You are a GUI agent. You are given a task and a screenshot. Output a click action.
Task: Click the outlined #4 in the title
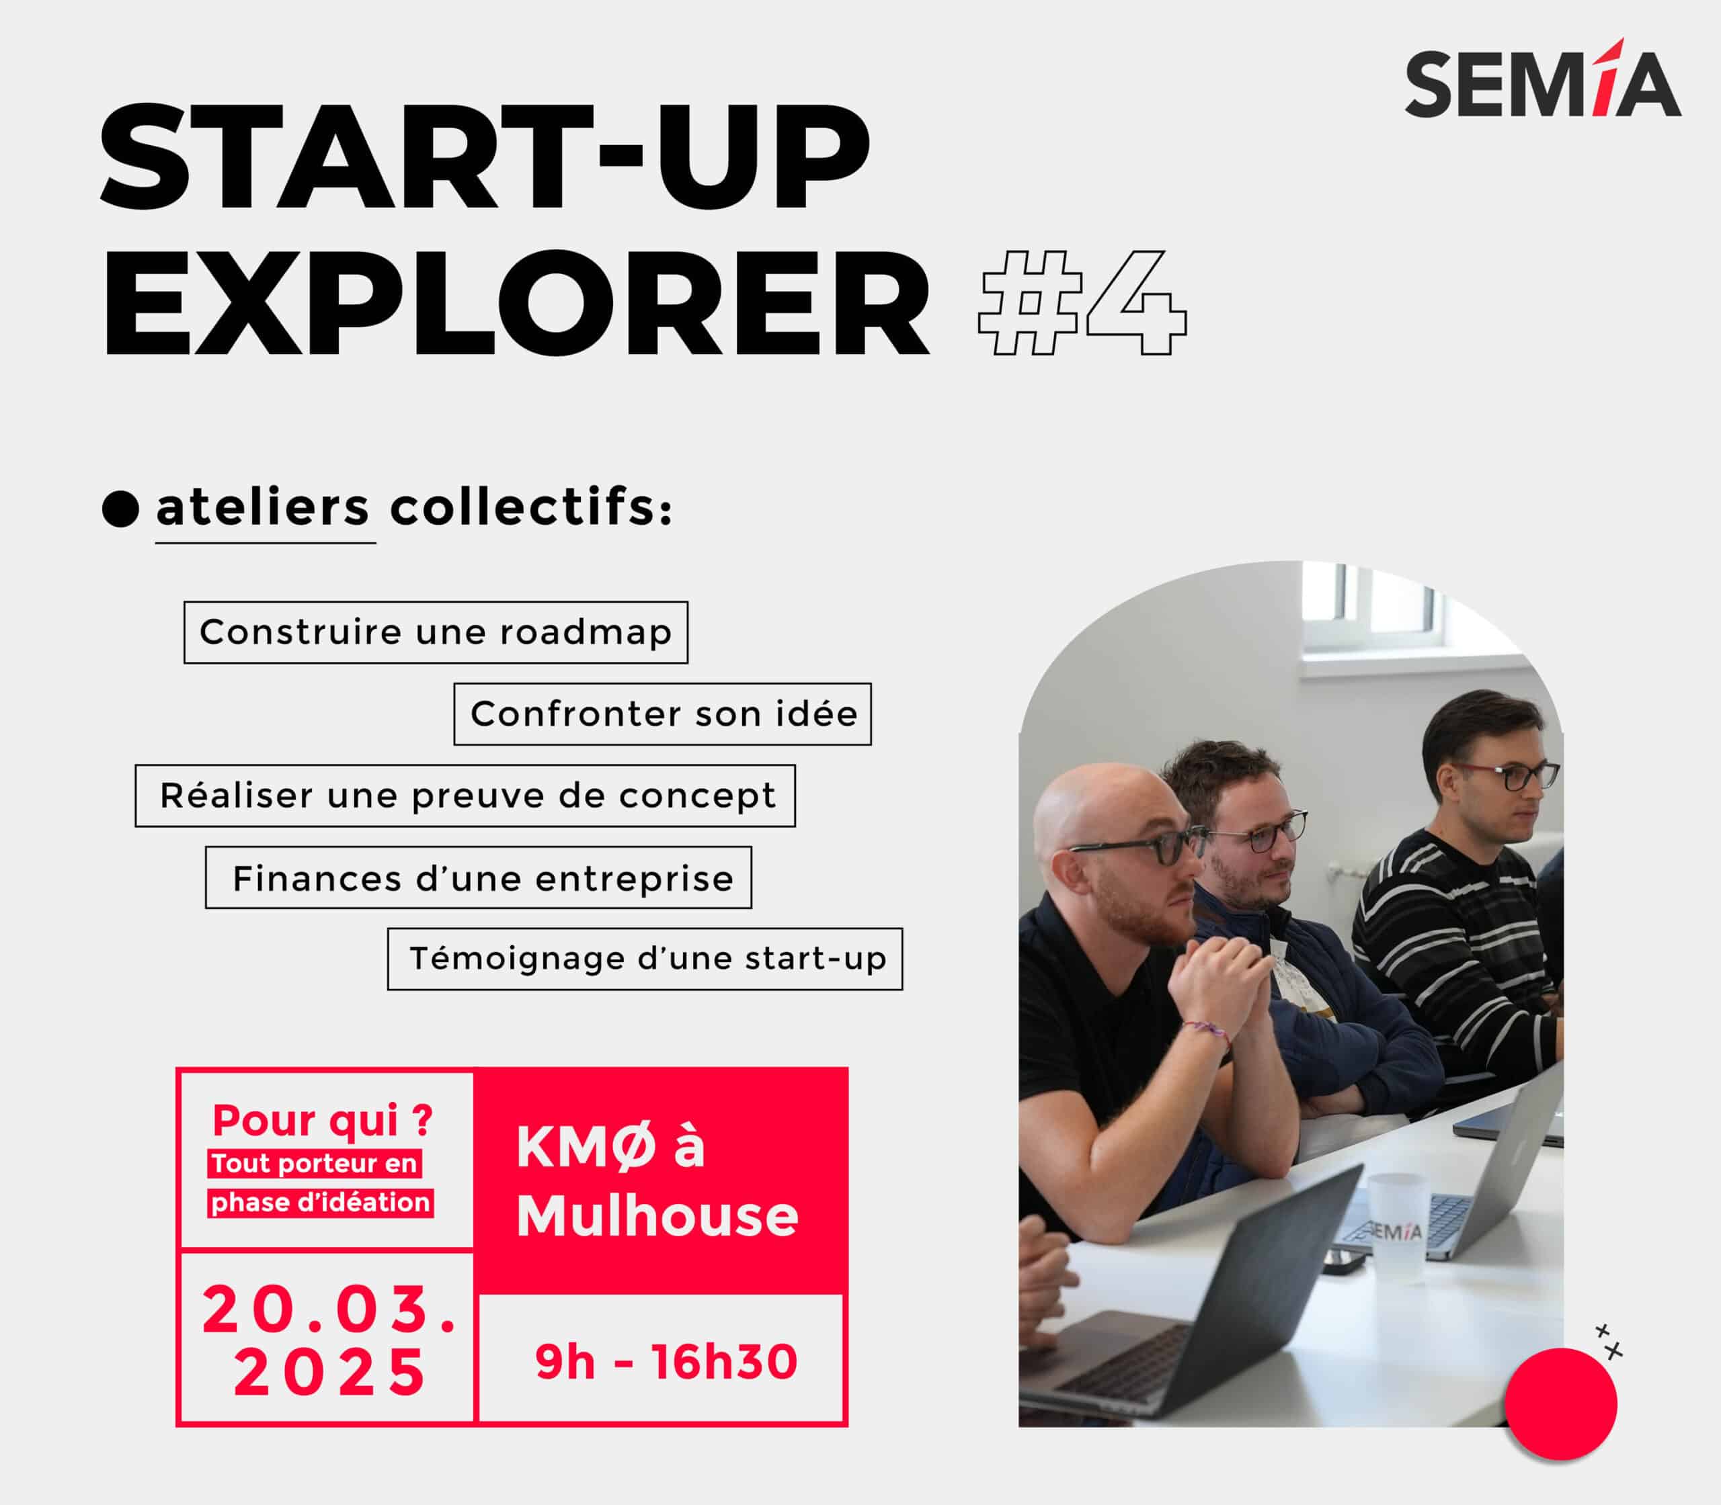[1082, 302]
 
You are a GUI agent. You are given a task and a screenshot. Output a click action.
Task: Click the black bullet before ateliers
[120, 509]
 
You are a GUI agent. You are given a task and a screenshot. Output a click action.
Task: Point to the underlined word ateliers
[263, 507]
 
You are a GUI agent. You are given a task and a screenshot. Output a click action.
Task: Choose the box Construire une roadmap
[436, 632]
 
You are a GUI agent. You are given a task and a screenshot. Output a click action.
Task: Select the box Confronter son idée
[663, 714]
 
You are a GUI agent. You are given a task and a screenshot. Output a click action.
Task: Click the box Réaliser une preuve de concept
[465, 795]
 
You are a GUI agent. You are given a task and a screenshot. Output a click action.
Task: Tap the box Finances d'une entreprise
[479, 877]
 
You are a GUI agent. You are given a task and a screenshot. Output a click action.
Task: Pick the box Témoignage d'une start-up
[645, 959]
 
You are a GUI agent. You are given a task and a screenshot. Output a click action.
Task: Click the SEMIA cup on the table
[1397, 1223]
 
